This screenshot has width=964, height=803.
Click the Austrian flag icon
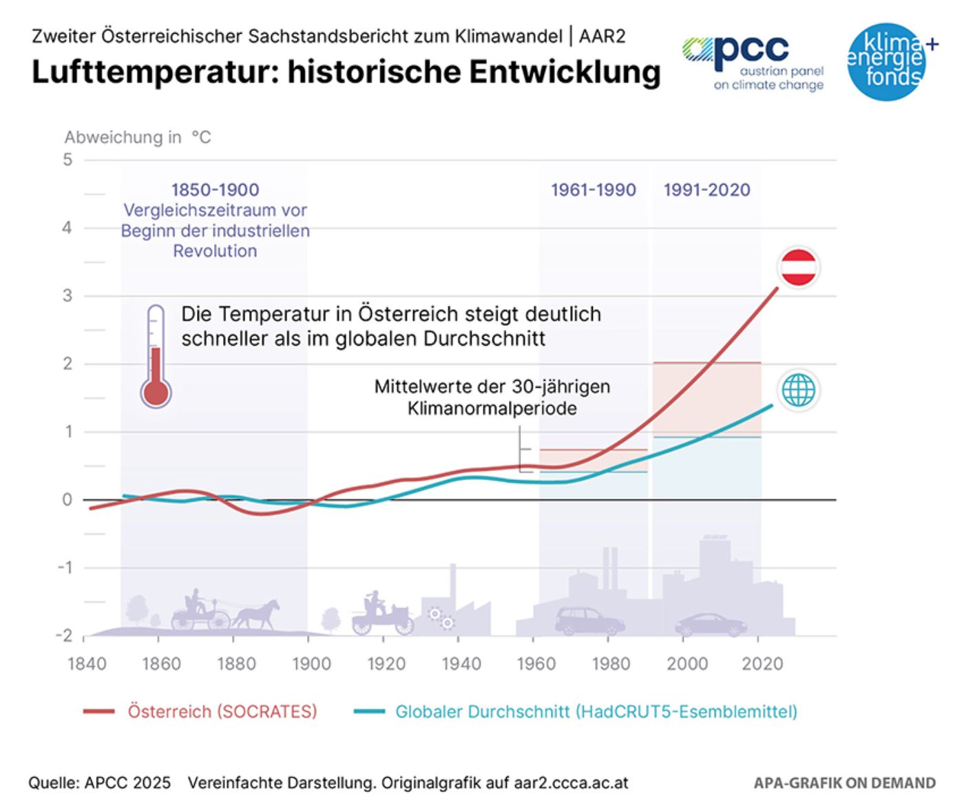799,267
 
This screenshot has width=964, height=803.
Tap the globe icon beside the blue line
798,390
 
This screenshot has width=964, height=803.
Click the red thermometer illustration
156,357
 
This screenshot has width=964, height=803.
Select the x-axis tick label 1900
311,664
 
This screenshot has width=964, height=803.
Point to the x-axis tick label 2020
762,664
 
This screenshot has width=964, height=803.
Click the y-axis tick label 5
67,160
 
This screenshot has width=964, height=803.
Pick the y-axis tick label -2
65,636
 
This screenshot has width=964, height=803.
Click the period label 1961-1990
593,190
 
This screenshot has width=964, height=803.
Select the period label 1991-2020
706,190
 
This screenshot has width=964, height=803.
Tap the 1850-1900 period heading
215,190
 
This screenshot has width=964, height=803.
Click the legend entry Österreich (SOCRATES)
222,711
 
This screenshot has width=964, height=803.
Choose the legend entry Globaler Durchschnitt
596,711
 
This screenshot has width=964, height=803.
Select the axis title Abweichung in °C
138,138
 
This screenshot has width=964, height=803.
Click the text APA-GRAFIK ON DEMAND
844,783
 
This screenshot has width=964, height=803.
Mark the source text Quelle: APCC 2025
99,783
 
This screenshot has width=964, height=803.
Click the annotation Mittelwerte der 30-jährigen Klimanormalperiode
492,397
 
